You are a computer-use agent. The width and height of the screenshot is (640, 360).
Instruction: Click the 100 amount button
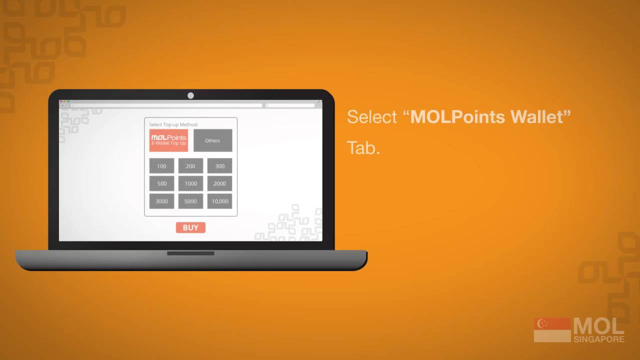(161, 166)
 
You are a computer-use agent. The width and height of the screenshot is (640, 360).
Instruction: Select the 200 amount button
(190, 166)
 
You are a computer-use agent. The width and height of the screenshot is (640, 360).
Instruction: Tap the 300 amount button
(219, 166)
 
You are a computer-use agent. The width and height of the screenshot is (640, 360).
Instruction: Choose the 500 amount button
(161, 183)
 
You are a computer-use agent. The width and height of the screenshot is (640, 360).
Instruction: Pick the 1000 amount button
(190, 183)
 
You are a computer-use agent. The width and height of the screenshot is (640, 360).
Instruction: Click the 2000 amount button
(219, 183)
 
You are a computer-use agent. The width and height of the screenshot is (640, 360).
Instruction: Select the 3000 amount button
(161, 201)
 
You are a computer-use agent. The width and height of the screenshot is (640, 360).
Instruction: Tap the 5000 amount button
(190, 201)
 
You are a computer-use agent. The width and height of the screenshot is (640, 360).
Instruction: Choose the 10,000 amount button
(219, 201)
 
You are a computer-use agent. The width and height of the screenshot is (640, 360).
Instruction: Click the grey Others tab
(212, 140)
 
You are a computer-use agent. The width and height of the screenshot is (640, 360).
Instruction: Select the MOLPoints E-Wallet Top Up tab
(168, 140)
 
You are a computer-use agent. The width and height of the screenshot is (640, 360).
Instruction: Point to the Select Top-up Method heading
(173, 124)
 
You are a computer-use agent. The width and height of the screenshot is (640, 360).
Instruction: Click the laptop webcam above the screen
(190, 95)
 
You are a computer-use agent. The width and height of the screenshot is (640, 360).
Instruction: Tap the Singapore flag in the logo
(552, 330)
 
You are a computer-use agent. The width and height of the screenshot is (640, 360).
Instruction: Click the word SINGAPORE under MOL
(599, 339)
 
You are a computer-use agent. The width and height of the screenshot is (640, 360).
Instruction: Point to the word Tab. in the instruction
(363, 148)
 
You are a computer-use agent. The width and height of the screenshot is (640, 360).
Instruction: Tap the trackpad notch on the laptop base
(190, 253)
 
